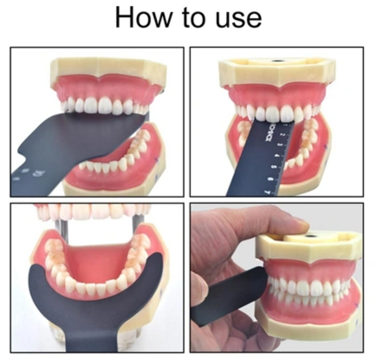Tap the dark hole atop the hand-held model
[x=312, y=236]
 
